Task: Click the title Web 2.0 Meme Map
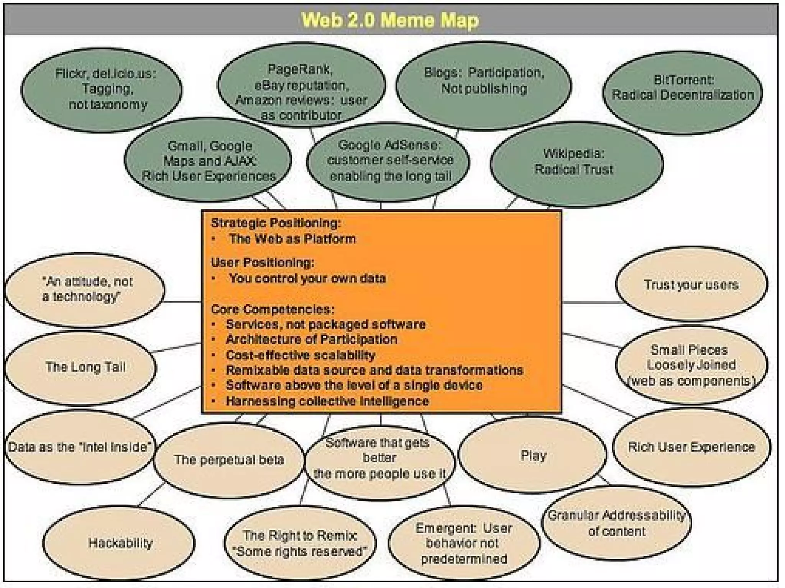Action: pyautogui.click(x=390, y=20)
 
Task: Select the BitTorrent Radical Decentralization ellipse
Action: pyautogui.click(x=682, y=92)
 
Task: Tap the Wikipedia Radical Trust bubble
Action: pyautogui.click(x=576, y=164)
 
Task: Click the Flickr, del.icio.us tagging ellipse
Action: pyautogui.click(x=102, y=90)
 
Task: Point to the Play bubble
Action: pyautogui.click(x=533, y=455)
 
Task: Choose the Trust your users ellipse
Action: pyautogui.click(x=691, y=284)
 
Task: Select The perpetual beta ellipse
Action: pyautogui.click(x=229, y=460)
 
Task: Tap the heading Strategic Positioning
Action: pyautogui.click(x=276, y=223)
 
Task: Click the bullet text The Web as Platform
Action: pyautogui.click(x=292, y=239)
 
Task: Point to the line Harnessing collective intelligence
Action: pyautogui.click(x=327, y=401)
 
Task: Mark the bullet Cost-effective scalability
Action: pyautogui.click(x=300, y=355)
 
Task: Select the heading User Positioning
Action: pyautogui.click(x=262, y=262)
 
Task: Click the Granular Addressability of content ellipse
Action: pyautogui.click(x=616, y=523)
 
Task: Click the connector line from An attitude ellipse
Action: pyautogui.click(x=182, y=301)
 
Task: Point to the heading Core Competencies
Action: pyautogui.click(x=272, y=309)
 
